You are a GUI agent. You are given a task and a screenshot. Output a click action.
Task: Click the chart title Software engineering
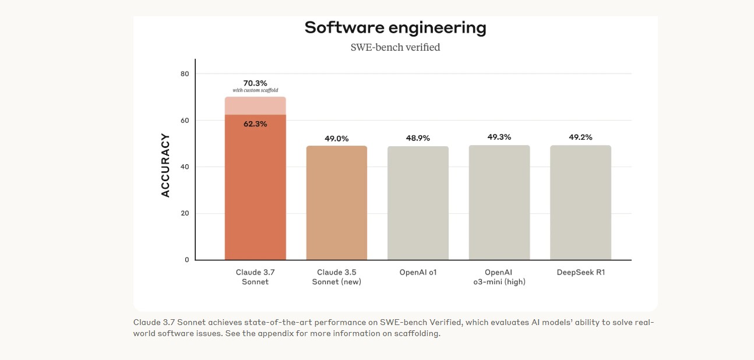(x=395, y=27)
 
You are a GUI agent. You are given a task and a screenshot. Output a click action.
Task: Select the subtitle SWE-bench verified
(x=395, y=47)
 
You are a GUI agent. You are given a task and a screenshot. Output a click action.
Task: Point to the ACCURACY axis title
(x=165, y=165)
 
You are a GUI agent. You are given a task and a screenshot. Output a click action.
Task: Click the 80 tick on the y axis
(x=185, y=74)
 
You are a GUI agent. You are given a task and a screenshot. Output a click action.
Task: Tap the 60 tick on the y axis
(x=185, y=121)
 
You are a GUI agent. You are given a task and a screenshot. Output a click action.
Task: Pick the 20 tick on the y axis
(x=185, y=213)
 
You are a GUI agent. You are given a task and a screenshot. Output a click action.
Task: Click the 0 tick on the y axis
(x=187, y=260)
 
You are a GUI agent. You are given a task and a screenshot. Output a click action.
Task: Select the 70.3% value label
(x=255, y=83)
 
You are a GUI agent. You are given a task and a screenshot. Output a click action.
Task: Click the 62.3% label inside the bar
(x=255, y=124)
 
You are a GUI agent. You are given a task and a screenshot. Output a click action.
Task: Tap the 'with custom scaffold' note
(x=255, y=90)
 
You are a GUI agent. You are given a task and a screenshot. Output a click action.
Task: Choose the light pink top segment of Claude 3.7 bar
(x=255, y=106)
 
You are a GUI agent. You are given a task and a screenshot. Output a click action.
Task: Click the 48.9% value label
(x=418, y=138)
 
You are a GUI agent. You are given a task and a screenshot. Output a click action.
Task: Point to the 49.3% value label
(x=499, y=137)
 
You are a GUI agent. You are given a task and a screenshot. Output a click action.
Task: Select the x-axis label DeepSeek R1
(x=580, y=272)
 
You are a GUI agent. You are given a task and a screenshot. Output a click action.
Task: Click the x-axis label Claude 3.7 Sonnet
(x=255, y=277)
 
